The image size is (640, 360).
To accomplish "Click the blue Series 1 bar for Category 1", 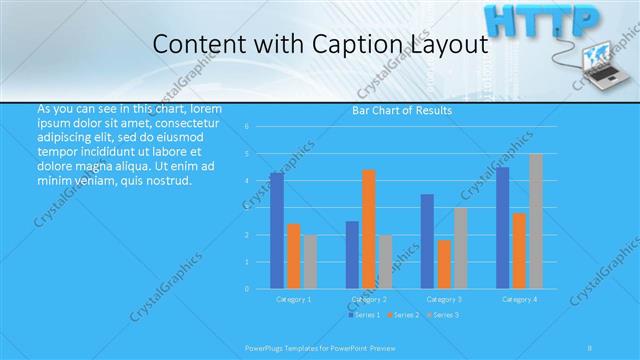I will [276, 230].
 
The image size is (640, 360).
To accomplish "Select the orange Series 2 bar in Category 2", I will [369, 229].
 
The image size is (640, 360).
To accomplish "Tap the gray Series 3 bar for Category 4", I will [536, 221].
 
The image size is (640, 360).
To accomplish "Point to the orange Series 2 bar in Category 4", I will [519, 250].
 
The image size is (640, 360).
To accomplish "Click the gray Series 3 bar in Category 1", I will [310, 261].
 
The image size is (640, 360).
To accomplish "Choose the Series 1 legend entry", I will [364, 315].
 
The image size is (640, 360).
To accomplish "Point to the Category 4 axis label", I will [518, 299].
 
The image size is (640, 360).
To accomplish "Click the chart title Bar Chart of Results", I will [402, 110].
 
